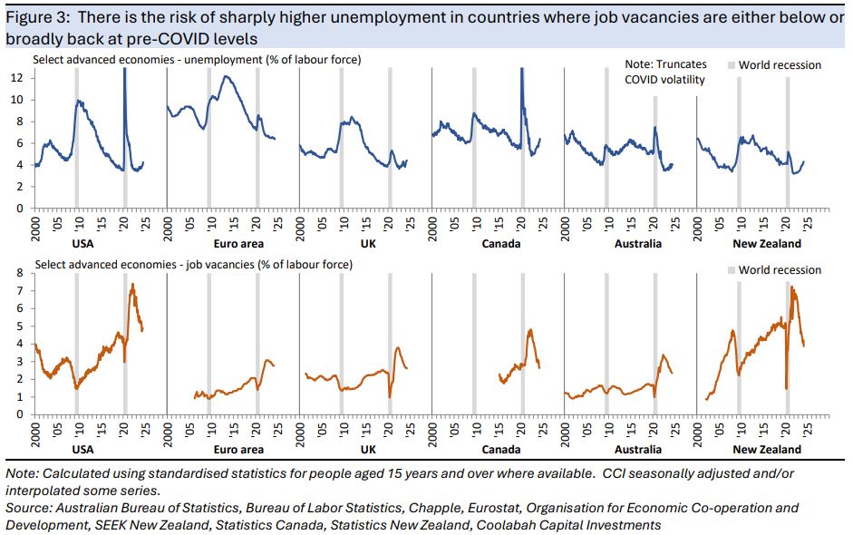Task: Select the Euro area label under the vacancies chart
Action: pyautogui.click(x=239, y=450)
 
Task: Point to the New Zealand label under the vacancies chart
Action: pyautogui.click(x=767, y=450)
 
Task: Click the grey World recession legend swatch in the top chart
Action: pyautogui.click(x=730, y=65)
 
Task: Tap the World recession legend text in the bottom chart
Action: pyautogui.click(x=780, y=270)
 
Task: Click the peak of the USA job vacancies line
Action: pyautogui.click(x=133, y=284)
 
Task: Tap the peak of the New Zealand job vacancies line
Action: pyautogui.click(x=792, y=287)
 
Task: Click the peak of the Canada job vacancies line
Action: pyautogui.click(x=530, y=329)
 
